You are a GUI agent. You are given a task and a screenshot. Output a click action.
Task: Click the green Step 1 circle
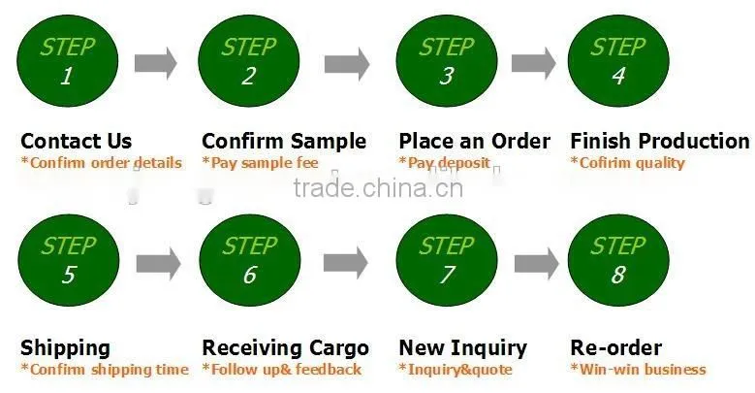coord(68,61)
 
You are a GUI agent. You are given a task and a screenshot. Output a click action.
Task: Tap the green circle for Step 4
coord(618,61)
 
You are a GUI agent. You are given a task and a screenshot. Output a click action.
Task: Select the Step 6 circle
coord(250,260)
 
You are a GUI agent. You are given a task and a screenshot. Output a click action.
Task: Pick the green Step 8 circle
coord(618,260)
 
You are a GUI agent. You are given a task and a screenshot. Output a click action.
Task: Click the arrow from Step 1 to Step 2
coord(155,63)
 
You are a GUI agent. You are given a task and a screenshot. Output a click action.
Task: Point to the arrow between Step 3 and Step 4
coord(533,63)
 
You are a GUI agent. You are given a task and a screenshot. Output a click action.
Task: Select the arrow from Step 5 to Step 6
coord(158,263)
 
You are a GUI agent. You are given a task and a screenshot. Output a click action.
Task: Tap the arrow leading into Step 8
coord(536,263)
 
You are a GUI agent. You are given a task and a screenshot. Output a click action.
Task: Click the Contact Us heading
coord(76,142)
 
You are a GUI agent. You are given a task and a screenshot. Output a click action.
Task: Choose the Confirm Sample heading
coord(284,142)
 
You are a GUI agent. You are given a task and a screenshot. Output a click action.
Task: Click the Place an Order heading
coord(474,142)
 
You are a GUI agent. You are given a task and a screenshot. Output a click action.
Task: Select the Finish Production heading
coord(660,142)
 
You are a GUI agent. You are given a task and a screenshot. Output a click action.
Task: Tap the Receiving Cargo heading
coord(286,348)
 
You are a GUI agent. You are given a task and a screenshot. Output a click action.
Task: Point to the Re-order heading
coord(615,347)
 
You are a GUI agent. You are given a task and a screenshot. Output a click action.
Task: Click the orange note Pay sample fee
coord(260,163)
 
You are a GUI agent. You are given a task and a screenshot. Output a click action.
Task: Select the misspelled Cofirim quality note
coord(627,163)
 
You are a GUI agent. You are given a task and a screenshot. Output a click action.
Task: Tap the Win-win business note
coord(638,370)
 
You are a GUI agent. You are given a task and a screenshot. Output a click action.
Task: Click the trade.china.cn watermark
coord(378,187)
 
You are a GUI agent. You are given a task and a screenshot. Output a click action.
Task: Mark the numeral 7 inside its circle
coord(447,275)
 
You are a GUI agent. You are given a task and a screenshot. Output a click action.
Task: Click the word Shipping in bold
coord(66,348)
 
